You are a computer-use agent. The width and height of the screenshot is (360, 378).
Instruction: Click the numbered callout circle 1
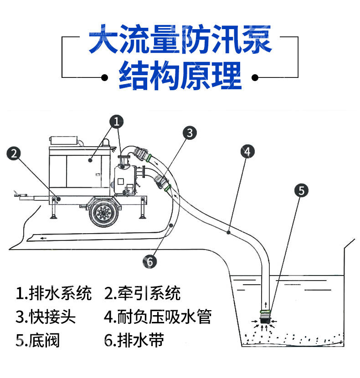117,122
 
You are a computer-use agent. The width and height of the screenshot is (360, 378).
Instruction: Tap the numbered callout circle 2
14,153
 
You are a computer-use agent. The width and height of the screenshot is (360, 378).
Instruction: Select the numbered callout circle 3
190,133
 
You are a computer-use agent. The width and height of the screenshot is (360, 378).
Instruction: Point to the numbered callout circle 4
247,152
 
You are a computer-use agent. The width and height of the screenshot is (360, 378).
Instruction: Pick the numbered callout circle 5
301,190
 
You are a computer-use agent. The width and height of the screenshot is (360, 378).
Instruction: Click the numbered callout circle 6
149,261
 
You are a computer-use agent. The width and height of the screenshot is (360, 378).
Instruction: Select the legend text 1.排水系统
54,293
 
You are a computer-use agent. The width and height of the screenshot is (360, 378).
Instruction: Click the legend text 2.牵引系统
142,293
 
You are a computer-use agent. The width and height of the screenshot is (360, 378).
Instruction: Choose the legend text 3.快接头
46,317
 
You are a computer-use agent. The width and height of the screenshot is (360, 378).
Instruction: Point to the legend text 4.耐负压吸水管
158,317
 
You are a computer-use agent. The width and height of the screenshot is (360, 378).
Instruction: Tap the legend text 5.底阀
38,340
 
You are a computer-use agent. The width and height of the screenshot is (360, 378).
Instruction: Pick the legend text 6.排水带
134,340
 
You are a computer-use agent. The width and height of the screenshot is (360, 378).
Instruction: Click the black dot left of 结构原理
104,77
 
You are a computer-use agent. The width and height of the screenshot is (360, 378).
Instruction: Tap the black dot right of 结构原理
255,77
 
